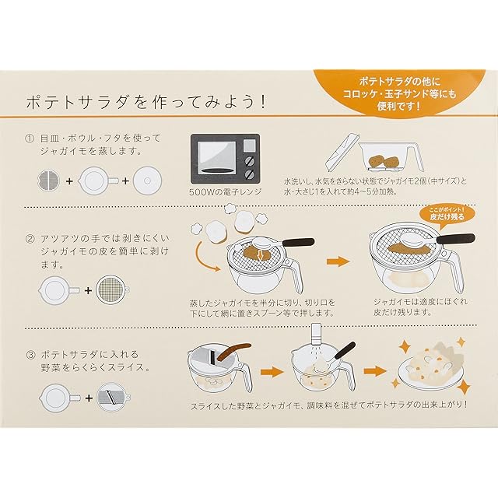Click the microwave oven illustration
click(x=225, y=159)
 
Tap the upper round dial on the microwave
click(x=250, y=161)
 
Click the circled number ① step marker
click(x=30, y=139)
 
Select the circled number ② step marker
click(x=30, y=239)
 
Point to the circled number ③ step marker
click(x=30, y=355)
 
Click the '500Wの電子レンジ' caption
click(x=225, y=192)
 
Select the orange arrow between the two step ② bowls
click(x=338, y=261)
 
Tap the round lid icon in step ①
click(x=147, y=181)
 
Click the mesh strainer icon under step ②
click(x=112, y=289)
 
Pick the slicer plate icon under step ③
click(x=113, y=398)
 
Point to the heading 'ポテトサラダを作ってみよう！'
click(x=146, y=102)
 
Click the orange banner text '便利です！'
click(x=399, y=106)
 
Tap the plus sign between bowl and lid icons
click(x=126, y=181)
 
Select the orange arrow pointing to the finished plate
click(x=375, y=370)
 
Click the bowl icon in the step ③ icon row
click(x=58, y=398)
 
